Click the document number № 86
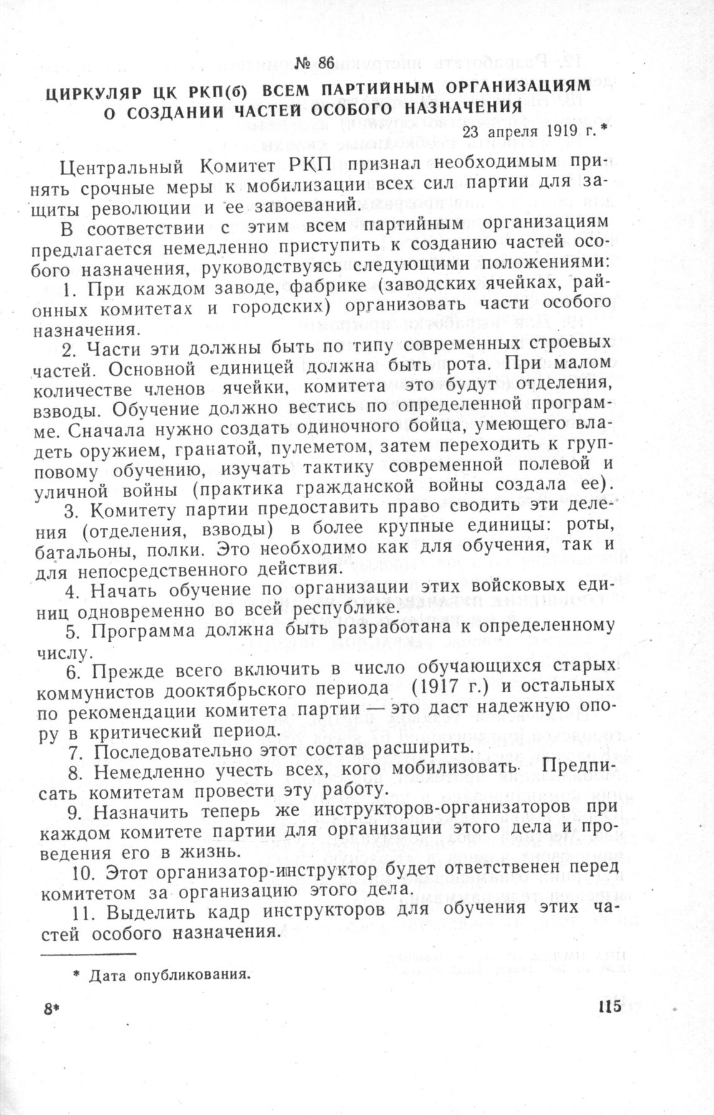tap(315, 63)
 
